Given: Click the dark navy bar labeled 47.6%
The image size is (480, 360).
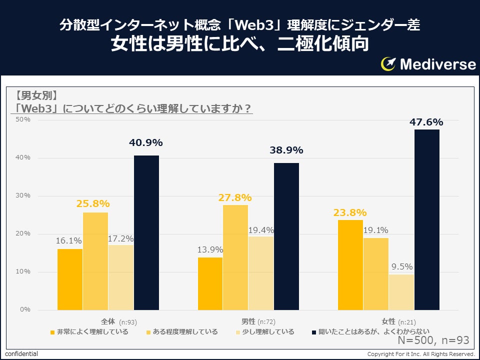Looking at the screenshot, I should pyautogui.click(x=426, y=220).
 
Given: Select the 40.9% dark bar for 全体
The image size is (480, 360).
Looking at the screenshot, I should pyautogui.click(x=146, y=232).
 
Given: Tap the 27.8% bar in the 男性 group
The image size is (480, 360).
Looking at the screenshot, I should pyautogui.click(x=235, y=257).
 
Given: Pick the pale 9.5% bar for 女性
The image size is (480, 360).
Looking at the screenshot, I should pyautogui.click(x=401, y=292).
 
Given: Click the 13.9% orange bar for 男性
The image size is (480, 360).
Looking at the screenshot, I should pyautogui.click(x=210, y=283).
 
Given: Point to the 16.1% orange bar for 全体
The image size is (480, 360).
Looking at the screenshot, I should pyautogui.click(x=70, y=279).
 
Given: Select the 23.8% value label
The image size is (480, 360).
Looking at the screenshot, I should pyautogui.click(x=350, y=212).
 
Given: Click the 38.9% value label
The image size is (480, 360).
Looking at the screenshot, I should pyautogui.click(x=286, y=150).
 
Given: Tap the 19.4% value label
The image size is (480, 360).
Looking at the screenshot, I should pyautogui.click(x=261, y=230).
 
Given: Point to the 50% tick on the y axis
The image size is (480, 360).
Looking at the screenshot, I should pyautogui.click(x=23, y=119).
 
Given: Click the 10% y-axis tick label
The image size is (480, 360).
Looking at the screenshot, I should pyautogui.click(x=23, y=271).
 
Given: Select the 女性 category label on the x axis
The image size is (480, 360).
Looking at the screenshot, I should pyautogui.click(x=388, y=321).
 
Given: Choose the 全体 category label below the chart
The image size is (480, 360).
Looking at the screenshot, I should pyautogui.click(x=108, y=321).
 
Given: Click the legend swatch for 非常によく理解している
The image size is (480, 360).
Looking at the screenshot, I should pyautogui.click(x=52, y=332).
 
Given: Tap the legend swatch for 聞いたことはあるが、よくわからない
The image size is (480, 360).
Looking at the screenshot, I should pyautogui.click(x=314, y=332).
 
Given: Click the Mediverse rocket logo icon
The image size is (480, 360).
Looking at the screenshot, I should pyautogui.click(x=388, y=64).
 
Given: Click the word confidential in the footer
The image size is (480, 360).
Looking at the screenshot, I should pyautogui.click(x=21, y=354).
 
